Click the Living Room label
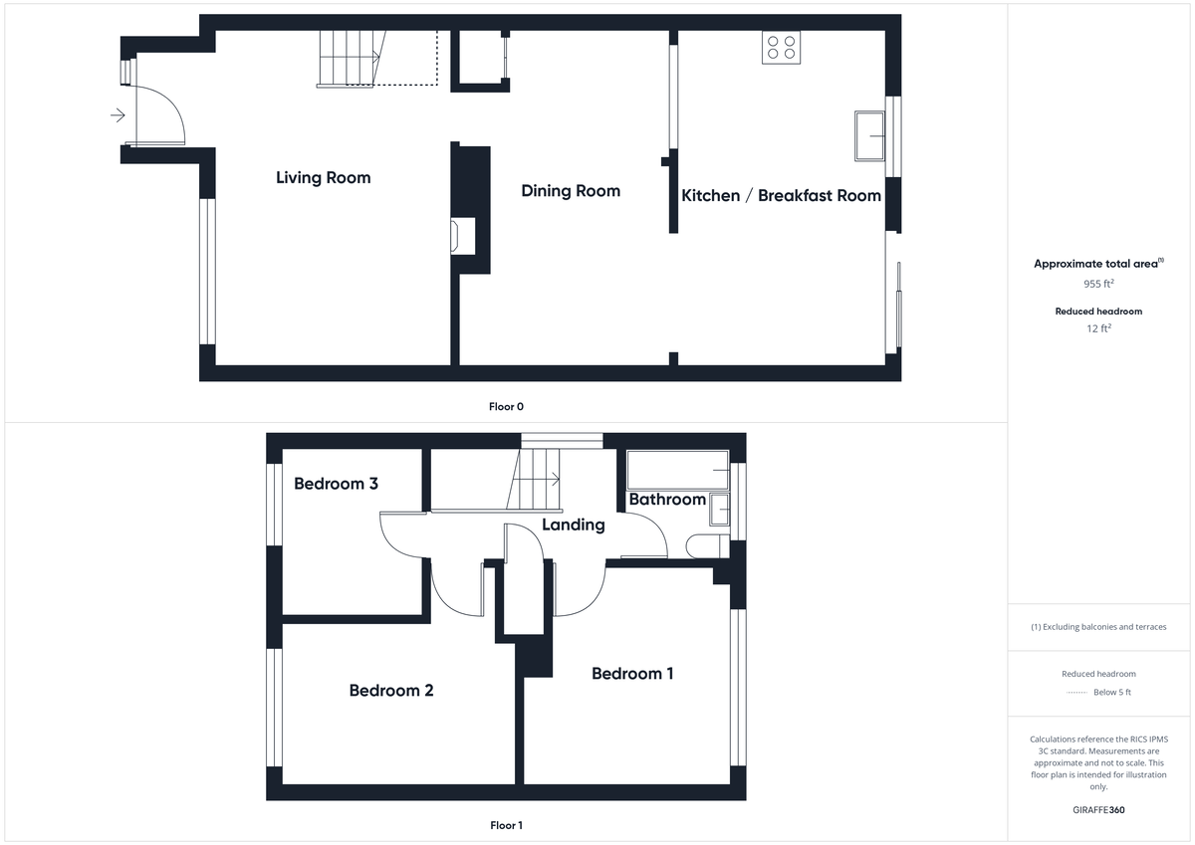(323, 178)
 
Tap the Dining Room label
(571, 191)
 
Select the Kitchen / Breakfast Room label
(781, 196)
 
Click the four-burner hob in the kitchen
(782, 47)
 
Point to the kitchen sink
(869, 135)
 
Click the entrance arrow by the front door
(118, 115)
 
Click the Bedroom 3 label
(336, 485)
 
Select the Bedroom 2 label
(391, 691)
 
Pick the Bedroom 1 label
(632, 674)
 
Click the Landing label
(573, 525)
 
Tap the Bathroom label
(667, 500)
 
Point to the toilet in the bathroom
(706, 544)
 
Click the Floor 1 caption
(506, 825)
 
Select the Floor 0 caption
(506, 406)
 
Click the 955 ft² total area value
(1099, 284)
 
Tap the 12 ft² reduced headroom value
(1099, 328)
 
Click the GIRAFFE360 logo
(1099, 810)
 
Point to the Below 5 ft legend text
(1111, 693)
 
